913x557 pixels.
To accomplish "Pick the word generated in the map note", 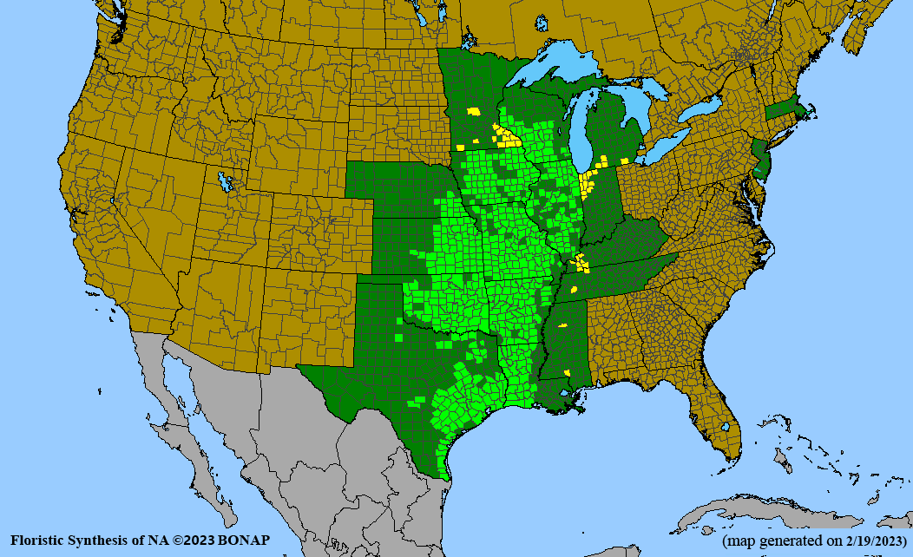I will tap(793, 541).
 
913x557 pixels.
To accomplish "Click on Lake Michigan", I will tap(576, 130).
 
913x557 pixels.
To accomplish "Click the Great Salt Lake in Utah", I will tap(227, 182).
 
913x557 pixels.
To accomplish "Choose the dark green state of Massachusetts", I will tap(786, 111).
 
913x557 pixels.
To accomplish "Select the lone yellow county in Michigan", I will tap(625, 161).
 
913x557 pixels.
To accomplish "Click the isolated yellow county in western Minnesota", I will tap(473, 111).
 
